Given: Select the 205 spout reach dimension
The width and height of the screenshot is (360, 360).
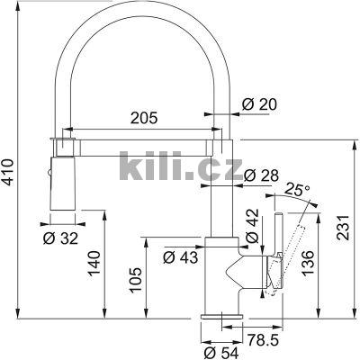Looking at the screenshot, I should (x=138, y=118).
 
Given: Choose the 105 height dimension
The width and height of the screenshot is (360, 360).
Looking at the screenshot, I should (x=134, y=279).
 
